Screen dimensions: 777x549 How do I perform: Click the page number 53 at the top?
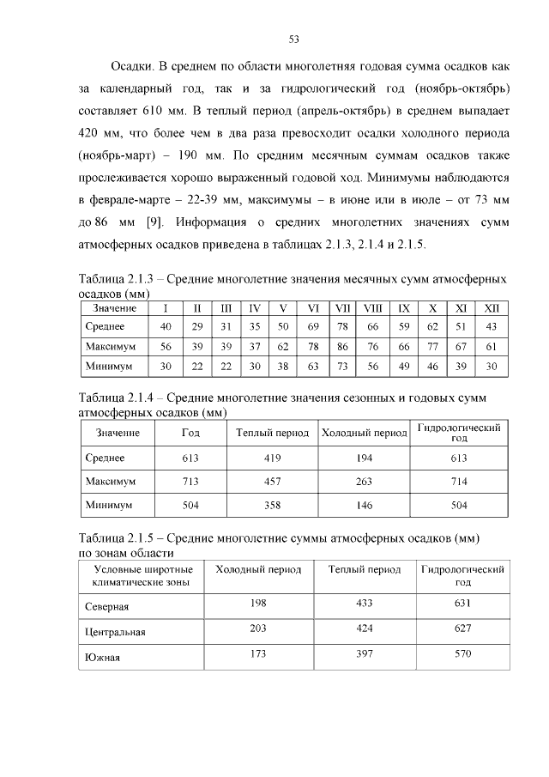(x=293, y=39)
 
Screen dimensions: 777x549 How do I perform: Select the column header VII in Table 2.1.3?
(x=342, y=308)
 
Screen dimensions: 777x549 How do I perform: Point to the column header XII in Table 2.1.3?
(x=491, y=308)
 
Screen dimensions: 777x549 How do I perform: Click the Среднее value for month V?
(x=283, y=327)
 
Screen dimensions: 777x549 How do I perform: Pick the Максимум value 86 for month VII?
(x=342, y=347)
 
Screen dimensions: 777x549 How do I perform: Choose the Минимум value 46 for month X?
(x=432, y=367)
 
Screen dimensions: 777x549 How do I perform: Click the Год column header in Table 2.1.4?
(x=190, y=433)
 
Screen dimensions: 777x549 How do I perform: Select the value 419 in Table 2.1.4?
(x=272, y=458)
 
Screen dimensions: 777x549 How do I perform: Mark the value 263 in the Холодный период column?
(x=364, y=483)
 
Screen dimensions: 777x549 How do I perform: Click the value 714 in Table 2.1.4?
(x=459, y=483)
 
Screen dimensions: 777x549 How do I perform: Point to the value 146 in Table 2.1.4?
(x=364, y=506)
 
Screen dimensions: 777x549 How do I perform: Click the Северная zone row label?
(x=106, y=606)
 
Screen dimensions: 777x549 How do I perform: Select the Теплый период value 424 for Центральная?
(x=364, y=628)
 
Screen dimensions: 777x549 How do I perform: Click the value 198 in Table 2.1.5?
(x=257, y=603)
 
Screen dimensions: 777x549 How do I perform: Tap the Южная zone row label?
(x=102, y=659)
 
